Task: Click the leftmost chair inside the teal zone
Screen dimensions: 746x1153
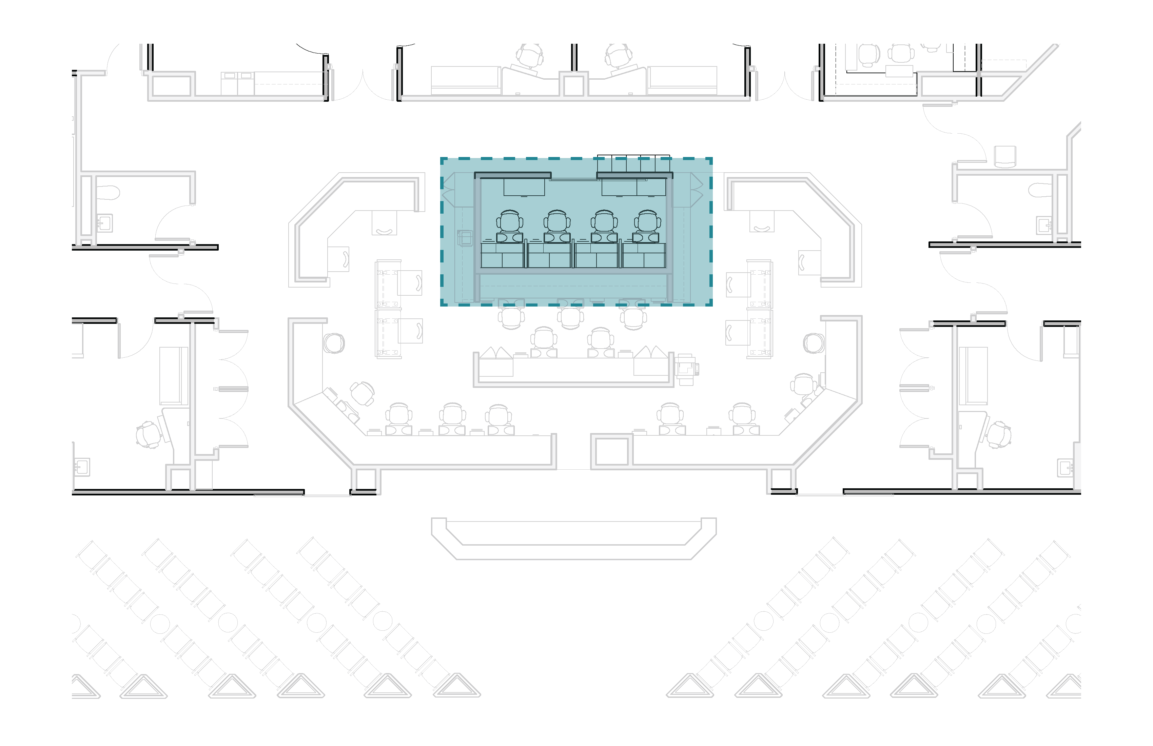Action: (x=509, y=222)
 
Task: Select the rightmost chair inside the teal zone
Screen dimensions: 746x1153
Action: (x=648, y=222)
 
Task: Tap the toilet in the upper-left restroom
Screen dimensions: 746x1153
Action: (x=108, y=193)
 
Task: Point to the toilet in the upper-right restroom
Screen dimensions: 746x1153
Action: (x=1039, y=190)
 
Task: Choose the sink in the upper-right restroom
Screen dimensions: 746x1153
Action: (x=1044, y=225)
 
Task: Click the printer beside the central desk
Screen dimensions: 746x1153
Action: (x=686, y=369)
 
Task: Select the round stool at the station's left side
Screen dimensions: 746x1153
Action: (x=334, y=343)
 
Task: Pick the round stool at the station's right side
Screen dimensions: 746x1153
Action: (x=814, y=343)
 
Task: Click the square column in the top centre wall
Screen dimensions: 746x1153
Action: (x=574, y=85)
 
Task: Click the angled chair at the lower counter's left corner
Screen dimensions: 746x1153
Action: (x=362, y=393)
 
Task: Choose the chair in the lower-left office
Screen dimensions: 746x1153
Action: (x=148, y=434)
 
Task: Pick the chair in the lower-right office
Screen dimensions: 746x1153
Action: (x=999, y=434)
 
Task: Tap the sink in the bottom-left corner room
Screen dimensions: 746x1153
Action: (x=81, y=467)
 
